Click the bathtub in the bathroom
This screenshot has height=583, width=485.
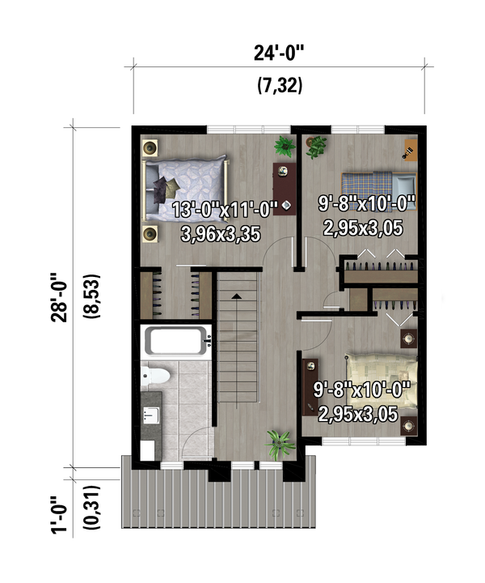[176, 343]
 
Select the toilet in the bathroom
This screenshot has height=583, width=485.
[155, 376]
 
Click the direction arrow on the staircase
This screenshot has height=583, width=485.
[236, 297]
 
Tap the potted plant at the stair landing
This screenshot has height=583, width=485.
[279, 442]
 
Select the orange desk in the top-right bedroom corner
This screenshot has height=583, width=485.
[410, 149]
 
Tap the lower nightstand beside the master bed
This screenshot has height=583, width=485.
[151, 234]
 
